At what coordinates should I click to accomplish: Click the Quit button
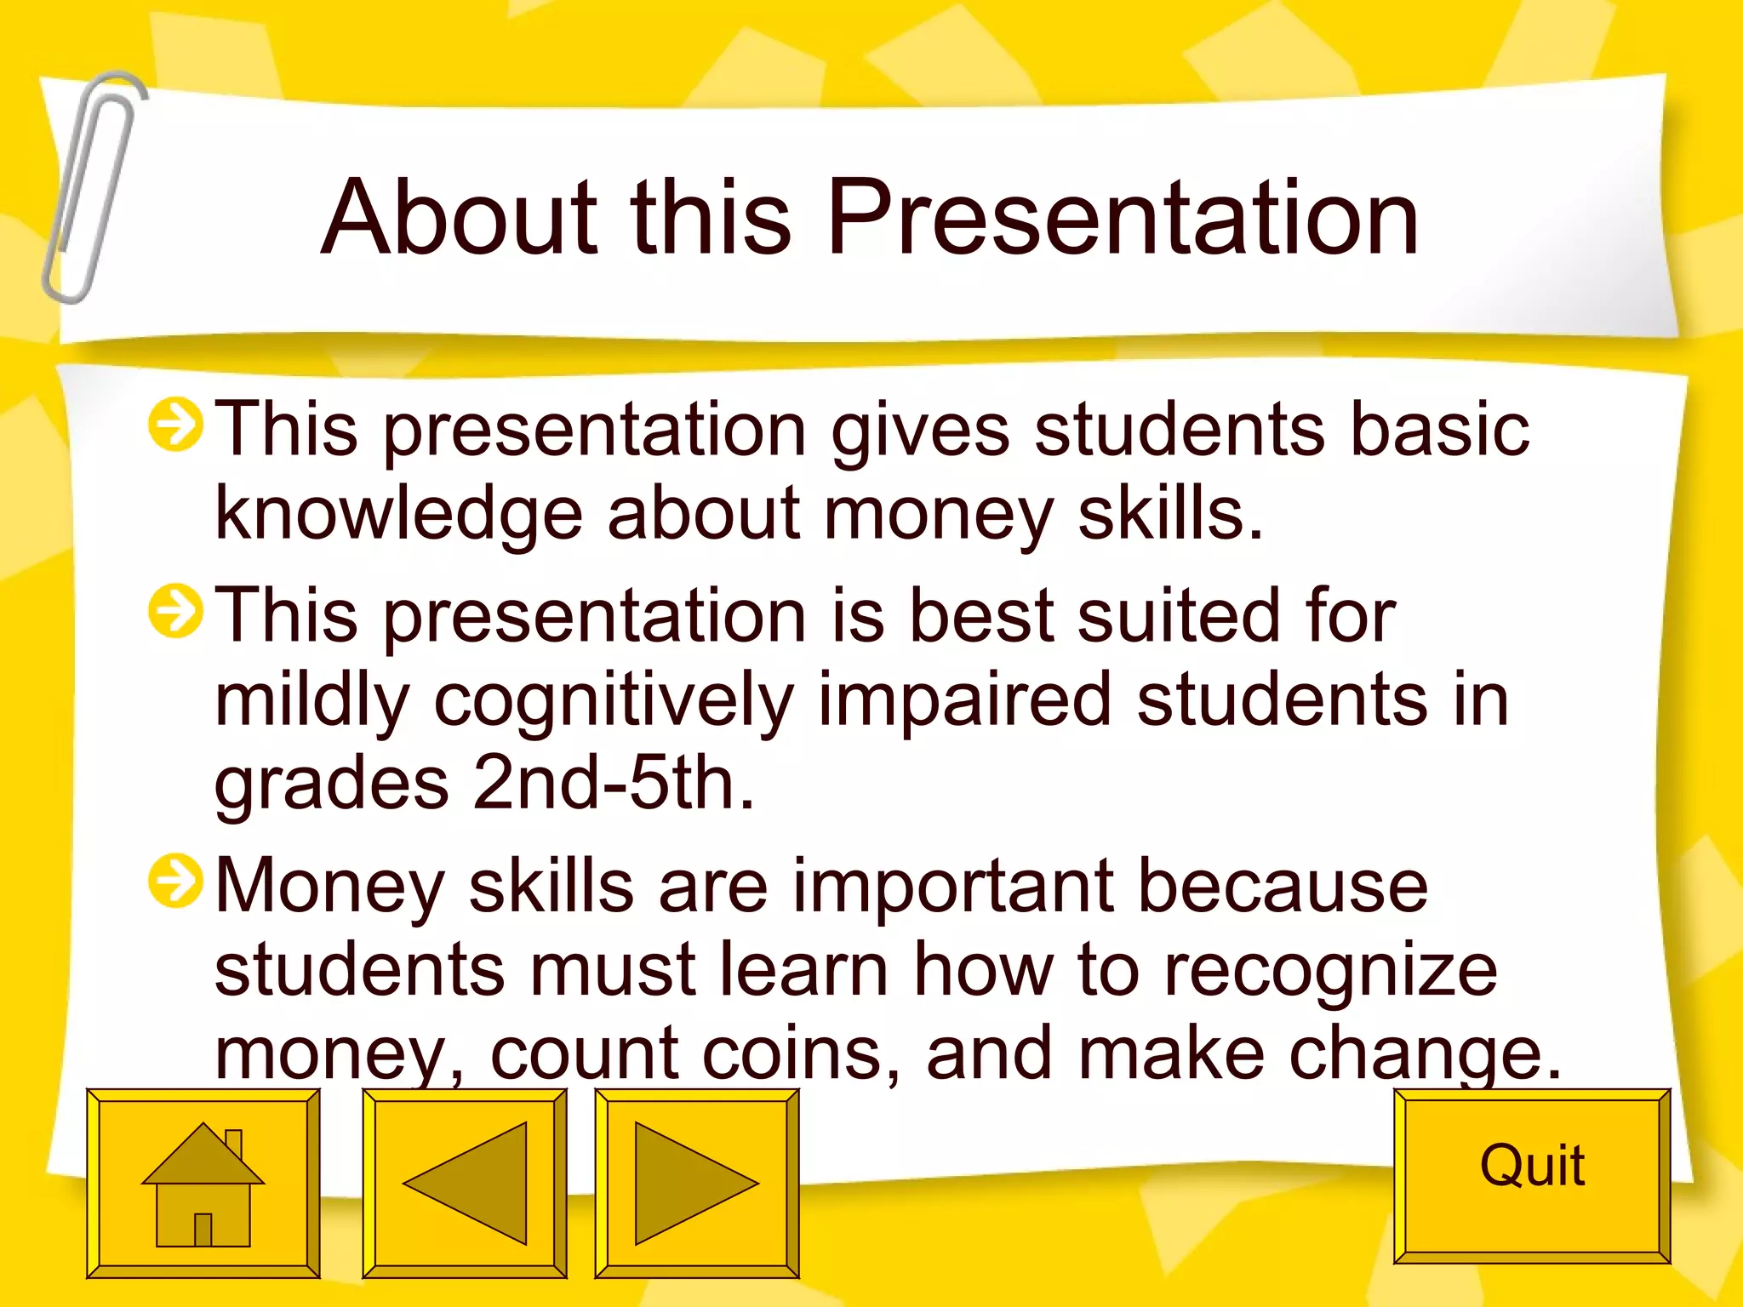tap(1531, 1175)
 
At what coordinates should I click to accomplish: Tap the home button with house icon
tap(203, 1183)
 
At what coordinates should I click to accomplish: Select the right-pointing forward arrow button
tap(696, 1183)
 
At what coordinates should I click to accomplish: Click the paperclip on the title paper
tap(92, 187)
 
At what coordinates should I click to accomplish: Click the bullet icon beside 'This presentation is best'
tap(175, 610)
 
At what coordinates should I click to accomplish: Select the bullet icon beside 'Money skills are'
tap(175, 881)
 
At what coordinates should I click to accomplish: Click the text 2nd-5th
tap(613, 783)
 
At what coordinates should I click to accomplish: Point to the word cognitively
tap(613, 700)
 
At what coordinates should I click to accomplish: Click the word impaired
tap(964, 699)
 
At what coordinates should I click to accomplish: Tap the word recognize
tap(1329, 970)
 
